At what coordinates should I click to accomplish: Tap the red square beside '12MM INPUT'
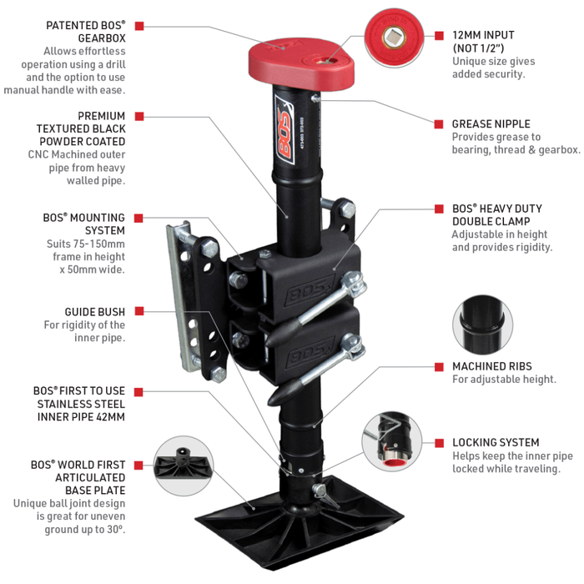click(x=439, y=35)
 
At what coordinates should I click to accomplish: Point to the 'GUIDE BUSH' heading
click(x=95, y=311)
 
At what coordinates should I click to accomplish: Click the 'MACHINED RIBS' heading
click(x=491, y=366)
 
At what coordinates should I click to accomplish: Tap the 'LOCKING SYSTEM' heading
click(x=496, y=442)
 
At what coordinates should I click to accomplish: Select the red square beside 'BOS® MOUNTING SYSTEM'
click(x=139, y=216)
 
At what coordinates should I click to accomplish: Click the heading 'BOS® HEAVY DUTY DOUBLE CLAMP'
click(x=496, y=214)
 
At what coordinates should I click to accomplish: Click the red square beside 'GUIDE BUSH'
click(x=139, y=311)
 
